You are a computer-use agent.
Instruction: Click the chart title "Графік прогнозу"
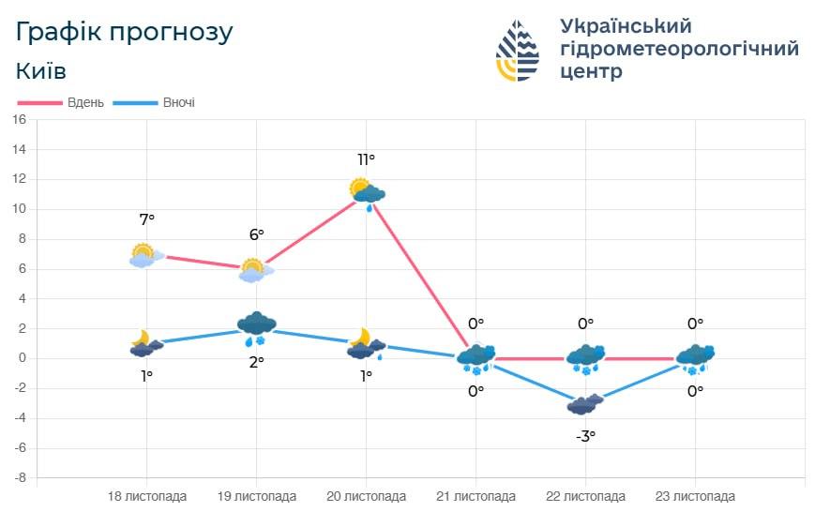tap(125, 32)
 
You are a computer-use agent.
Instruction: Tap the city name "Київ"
tap(41, 71)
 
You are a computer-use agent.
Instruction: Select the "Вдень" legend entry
tap(67, 102)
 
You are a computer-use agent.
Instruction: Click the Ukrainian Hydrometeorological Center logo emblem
tap(518, 50)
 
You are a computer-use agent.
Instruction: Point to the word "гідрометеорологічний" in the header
tap(678, 48)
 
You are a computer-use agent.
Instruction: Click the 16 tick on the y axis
tap(19, 120)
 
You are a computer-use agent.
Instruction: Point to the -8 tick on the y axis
tap(19, 478)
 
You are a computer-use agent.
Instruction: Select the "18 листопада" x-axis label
tap(147, 497)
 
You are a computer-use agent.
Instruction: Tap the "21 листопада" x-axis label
tap(475, 497)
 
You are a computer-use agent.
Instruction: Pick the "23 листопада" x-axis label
tap(695, 497)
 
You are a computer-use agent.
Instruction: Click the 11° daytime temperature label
tap(366, 160)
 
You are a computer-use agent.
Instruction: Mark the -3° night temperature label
tap(585, 436)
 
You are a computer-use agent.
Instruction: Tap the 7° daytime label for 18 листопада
tap(146, 219)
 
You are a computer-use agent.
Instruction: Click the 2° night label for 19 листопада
tap(256, 362)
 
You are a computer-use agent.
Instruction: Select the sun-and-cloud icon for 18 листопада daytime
tap(145, 255)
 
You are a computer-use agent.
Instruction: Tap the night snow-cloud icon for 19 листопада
tap(256, 326)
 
